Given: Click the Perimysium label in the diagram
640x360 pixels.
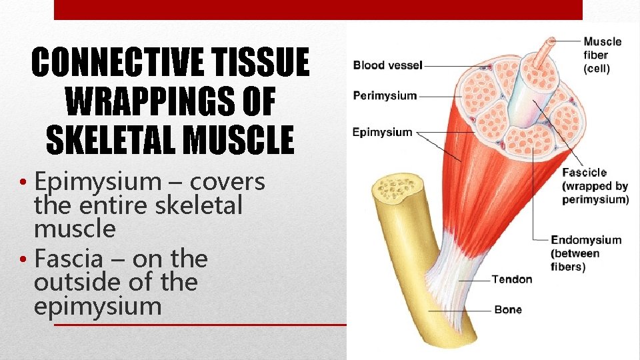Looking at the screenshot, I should pyautogui.click(x=385, y=95).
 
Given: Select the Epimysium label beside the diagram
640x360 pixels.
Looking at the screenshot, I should pyautogui.click(x=383, y=132).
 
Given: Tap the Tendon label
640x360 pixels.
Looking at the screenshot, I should pyautogui.click(x=512, y=279).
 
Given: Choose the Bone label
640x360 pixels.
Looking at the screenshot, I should pyautogui.click(x=508, y=309).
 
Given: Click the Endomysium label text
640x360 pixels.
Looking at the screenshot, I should pyautogui.click(x=585, y=240).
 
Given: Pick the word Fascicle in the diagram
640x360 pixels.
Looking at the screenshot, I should pyautogui.click(x=584, y=173).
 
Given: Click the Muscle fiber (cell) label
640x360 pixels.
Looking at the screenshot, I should pyautogui.click(x=602, y=55).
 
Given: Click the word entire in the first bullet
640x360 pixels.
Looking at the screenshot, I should pyautogui.click(x=116, y=206).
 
